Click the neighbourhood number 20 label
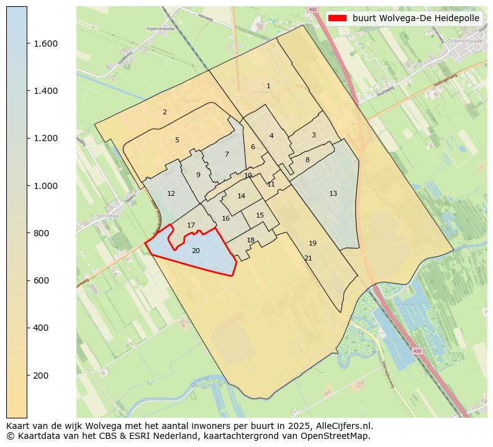click(196, 251)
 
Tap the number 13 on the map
click(333, 194)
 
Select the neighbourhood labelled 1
click(268, 86)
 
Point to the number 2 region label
click(165, 113)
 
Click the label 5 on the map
click(177, 141)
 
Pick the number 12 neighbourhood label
click(171, 194)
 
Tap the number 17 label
click(191, 226)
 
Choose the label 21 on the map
click(308, 259)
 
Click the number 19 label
click(312, 244)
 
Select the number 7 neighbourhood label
click(227, 155)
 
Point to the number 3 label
click(314, 136)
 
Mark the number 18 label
click(251, 241)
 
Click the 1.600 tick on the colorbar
click(45, 44)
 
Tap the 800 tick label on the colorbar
click(41, 233)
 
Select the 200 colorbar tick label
click(41, 376)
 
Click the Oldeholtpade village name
click(468, 42)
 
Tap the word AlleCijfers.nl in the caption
click(345, 426)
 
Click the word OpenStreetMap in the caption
click(338, 436)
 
